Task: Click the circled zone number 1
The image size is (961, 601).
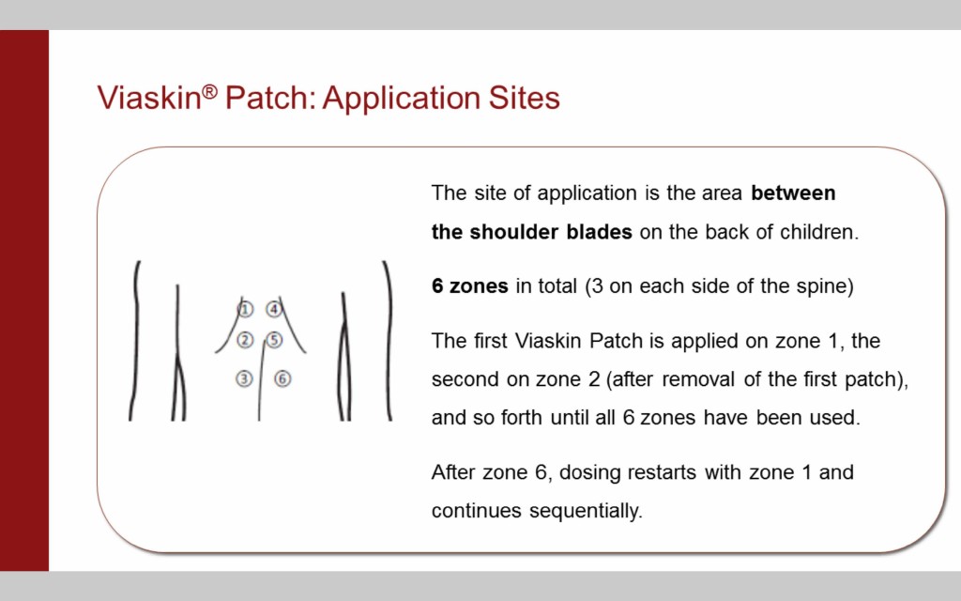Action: pyautogui.click(x=245, y=309)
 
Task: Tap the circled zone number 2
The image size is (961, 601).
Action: pyautogui.click(x=245, y=340)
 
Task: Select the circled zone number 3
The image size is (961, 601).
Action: pyautogui.click(x=245, y=379)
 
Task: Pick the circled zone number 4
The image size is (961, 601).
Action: pyautogui.click(x=273, y=309)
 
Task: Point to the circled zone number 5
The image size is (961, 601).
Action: pyautogui.click(x=274, y=340)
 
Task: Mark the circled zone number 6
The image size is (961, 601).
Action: pyautogui.click(x=282, y=379)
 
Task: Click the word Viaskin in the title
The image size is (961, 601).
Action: pyautogui.click(x=149, y=98)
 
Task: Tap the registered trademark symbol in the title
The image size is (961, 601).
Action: pyautogui.click(x=209, y=91)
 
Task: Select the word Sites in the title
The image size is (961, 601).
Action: pyautogui.click(x=524, y=98)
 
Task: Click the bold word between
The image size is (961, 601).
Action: pyautogui.click(x=793, y=193)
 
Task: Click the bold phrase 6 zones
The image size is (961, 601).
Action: pyautogui.click(x=470, y=286)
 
